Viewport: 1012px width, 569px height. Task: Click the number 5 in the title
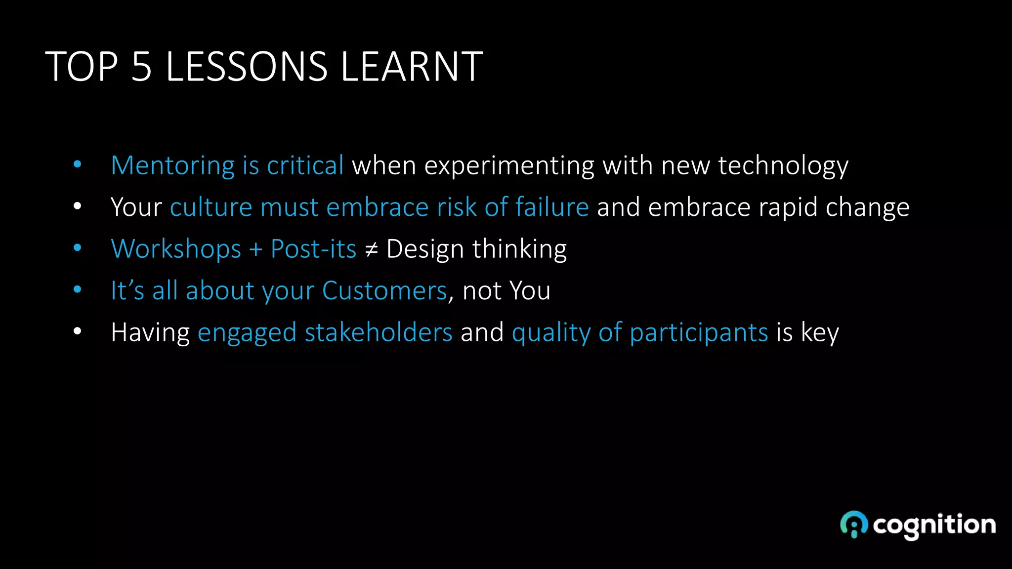click(141, 67)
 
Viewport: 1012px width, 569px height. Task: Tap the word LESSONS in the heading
click(246, 67)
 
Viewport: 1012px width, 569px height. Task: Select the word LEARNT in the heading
click(411, 67)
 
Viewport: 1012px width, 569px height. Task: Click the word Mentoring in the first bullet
click(172, 165)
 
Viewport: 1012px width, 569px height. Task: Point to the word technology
click(783, 166)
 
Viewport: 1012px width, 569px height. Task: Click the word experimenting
click(509, 166)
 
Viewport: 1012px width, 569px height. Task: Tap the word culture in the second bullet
click(211, 207)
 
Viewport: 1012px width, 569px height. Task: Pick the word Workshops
click(176, 249)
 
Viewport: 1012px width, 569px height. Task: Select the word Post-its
click(313, 249)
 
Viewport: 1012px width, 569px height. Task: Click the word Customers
click(384, 290)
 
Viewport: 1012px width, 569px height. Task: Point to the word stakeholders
click(379, 332)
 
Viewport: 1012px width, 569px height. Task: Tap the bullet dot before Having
click(77, 331)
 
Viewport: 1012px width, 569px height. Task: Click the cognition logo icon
click(853, 524)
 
